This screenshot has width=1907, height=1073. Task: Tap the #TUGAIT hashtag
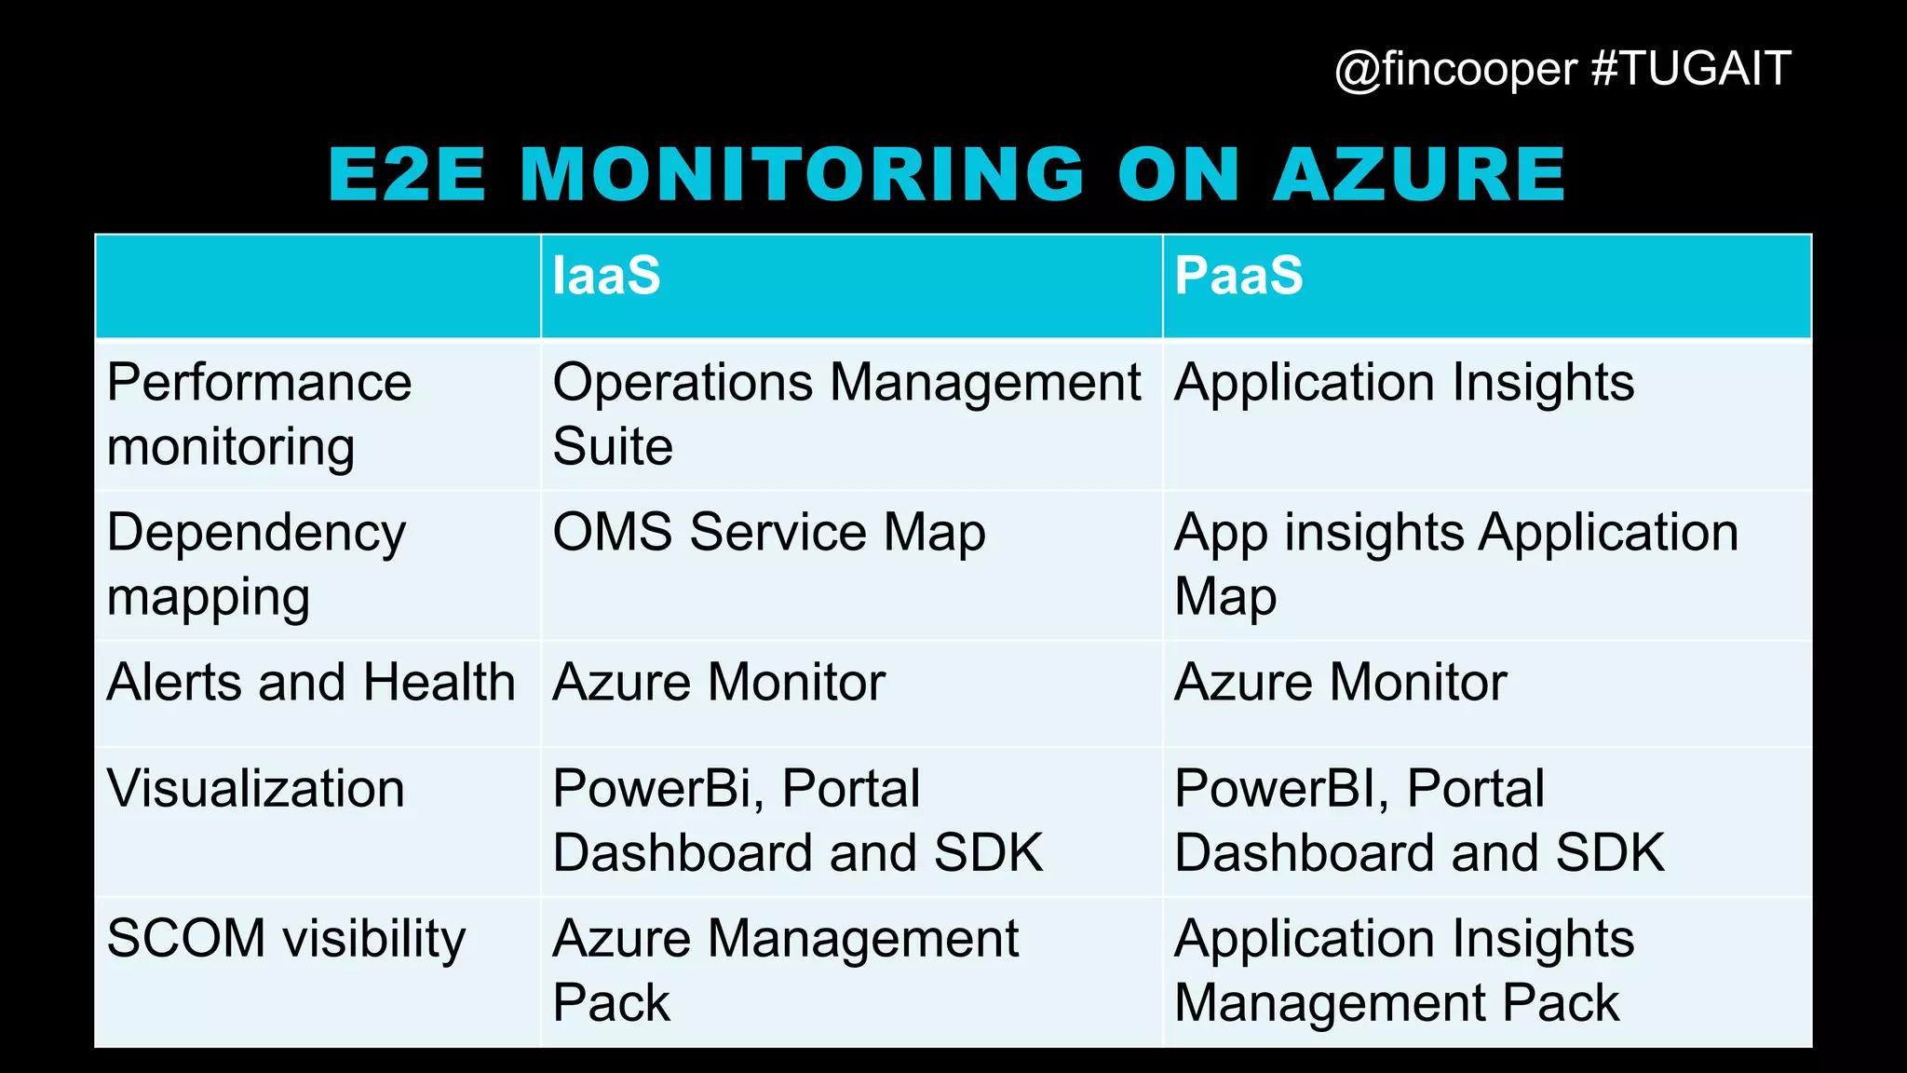(x=1691, y=69)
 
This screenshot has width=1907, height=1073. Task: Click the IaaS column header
(x=606, y=276)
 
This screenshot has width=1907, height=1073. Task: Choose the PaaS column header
(x=1238, y=276)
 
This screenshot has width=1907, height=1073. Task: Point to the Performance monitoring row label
(x=259, y=414)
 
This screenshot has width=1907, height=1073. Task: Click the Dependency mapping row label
(x=256, y=564)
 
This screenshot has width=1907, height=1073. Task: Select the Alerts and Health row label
(x=311, y=683)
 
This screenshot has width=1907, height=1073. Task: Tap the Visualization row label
(x=256, y=789)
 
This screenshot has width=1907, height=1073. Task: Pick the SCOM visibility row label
(x=286, y=939)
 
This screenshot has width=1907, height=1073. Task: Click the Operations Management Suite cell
(x=845, y=414)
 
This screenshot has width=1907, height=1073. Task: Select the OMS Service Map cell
(x=768, y=533)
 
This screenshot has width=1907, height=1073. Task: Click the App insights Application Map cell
(x=1455, y=564)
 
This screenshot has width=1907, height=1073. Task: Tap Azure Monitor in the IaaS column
(x=718, y=683)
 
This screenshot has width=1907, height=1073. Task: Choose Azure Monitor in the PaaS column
(x=1340, y=683)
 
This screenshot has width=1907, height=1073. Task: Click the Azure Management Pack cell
(x=785, y=971)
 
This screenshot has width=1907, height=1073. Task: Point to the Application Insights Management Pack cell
(x=1403, y=971)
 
